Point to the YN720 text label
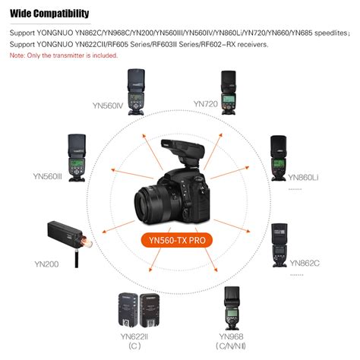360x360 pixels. tap(205, 103)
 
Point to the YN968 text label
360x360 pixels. tap(232, 337)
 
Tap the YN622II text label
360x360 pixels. tap(134, 337)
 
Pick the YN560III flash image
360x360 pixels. tap(81, 156)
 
